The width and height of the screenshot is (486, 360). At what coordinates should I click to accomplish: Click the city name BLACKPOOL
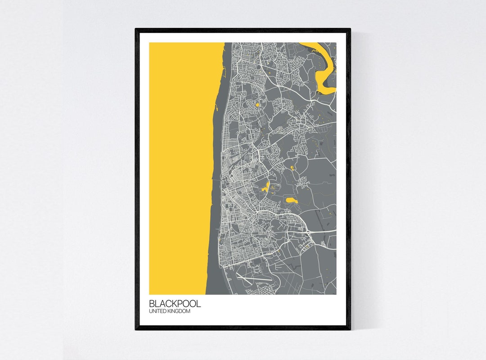pos(175,304)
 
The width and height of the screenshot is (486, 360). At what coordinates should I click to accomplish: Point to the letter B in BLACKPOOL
pos(152,304)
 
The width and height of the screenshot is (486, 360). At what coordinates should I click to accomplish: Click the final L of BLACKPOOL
pos(198,304)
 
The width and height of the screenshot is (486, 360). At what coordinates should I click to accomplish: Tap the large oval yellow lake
pos(291,199)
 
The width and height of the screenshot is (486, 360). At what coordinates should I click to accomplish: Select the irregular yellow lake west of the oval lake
pos(266,188)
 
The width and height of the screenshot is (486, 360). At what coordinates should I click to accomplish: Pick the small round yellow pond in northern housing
pos(257,105)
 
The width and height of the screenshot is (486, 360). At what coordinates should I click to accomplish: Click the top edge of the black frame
pos(243,30)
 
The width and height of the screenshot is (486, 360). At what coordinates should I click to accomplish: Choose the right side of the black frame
pos(349,180)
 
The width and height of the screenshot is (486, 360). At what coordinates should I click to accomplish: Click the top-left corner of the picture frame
pos(136,30)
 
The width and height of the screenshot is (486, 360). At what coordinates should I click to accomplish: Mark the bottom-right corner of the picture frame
pos(349,328)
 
